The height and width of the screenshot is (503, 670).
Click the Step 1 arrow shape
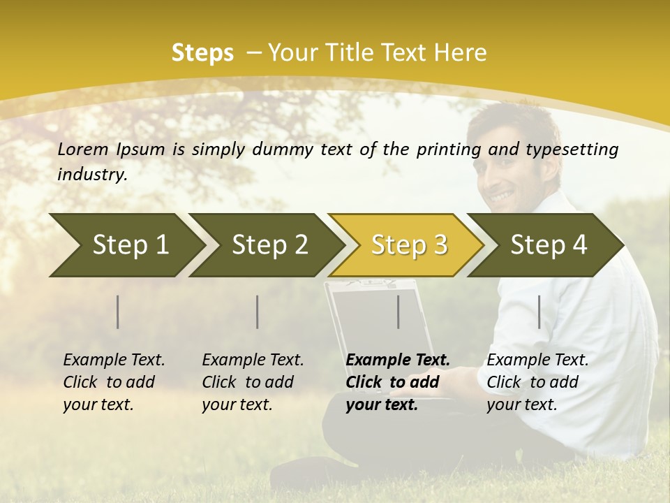tap(126, 245)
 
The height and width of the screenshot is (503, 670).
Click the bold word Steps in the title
tap(202, 53)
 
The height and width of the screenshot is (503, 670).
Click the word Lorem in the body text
tap(83, 149)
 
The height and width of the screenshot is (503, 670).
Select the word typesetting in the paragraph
tap(577, 150)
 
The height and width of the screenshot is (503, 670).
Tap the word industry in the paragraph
tap(91, 175)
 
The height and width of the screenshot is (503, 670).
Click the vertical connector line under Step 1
tap(118, 312)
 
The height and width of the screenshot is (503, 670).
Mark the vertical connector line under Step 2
tap(258, 312)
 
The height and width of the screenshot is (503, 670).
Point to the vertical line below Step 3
tap(399, 312)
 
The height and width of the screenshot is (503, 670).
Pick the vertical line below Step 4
tap(539, 312)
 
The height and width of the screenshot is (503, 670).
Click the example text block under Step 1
tap(114, 382)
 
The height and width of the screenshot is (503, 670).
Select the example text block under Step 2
tap(253, 382)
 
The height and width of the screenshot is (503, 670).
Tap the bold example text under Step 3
tap(397, 382)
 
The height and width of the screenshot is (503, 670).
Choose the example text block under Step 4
tap(537, 382)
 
